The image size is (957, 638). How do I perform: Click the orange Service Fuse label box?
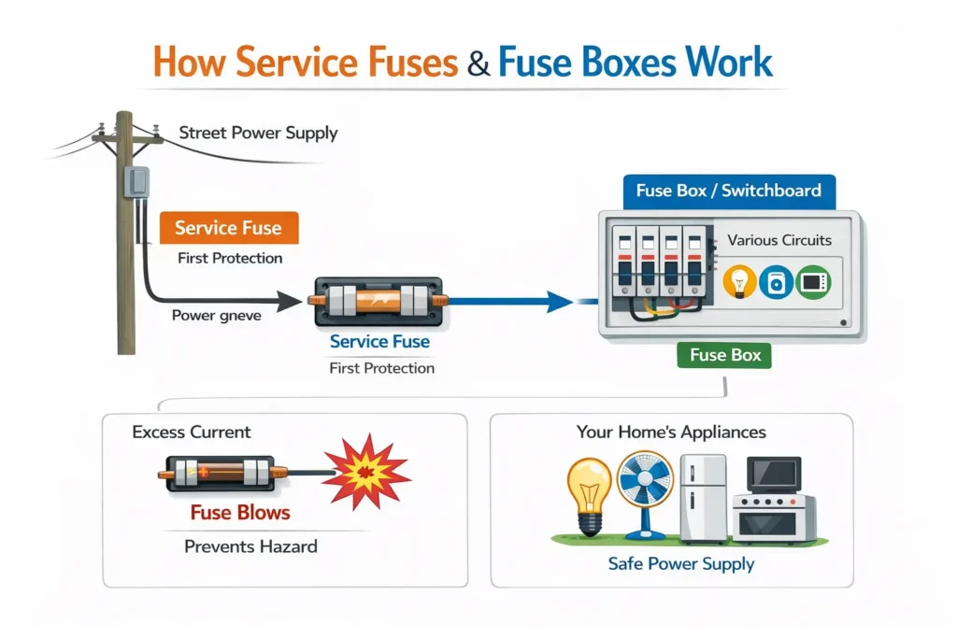click(228, 228)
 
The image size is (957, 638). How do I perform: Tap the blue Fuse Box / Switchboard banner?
click(728, 191)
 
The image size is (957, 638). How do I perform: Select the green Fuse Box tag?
click(724, 355)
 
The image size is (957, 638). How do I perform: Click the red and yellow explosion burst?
click(365, 471)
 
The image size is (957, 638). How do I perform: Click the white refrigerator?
click(703, 498)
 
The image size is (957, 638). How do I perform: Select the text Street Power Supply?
click(258, 133)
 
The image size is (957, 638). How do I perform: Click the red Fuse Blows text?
click(240, 513)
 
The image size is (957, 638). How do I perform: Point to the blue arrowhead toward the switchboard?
click(559, 301)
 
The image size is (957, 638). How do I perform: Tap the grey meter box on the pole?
click(138, 182)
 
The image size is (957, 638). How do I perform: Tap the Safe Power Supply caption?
click(680, 564)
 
